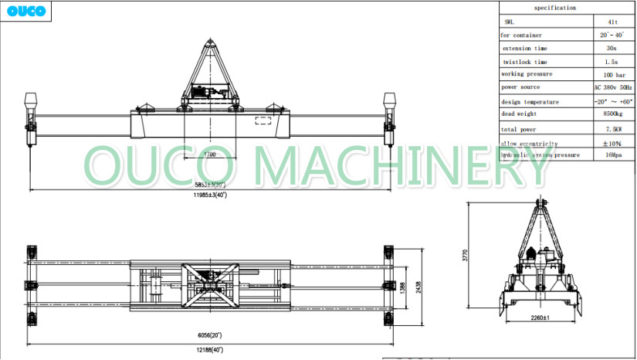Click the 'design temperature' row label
530,101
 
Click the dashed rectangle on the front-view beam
263,120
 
